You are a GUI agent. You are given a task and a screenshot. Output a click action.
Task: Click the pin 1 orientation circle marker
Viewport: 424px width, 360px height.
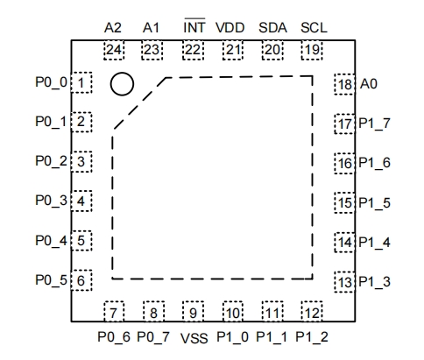122,84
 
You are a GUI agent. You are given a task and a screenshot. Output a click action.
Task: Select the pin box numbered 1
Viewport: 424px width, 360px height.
81,83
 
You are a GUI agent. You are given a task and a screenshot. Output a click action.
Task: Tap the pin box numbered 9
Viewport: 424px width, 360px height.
193,311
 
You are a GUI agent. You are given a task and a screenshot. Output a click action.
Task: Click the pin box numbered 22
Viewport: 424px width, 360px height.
193,49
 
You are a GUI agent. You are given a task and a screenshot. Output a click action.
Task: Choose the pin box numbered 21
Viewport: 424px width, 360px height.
232,49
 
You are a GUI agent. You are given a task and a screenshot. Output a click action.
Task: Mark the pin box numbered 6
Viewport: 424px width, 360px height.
81,281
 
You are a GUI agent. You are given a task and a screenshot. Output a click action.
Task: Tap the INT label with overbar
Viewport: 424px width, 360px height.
194,26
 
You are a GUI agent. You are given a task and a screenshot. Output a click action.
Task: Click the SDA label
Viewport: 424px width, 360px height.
272,27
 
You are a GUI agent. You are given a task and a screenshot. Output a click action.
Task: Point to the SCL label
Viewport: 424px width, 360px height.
313,27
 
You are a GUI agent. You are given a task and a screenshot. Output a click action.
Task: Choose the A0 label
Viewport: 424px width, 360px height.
370,84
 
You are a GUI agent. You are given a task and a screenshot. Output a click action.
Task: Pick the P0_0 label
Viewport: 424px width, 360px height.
49,83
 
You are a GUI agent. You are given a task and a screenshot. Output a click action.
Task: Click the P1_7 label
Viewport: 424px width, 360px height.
374,124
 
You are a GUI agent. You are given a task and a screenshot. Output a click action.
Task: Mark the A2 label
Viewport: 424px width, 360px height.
112,27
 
